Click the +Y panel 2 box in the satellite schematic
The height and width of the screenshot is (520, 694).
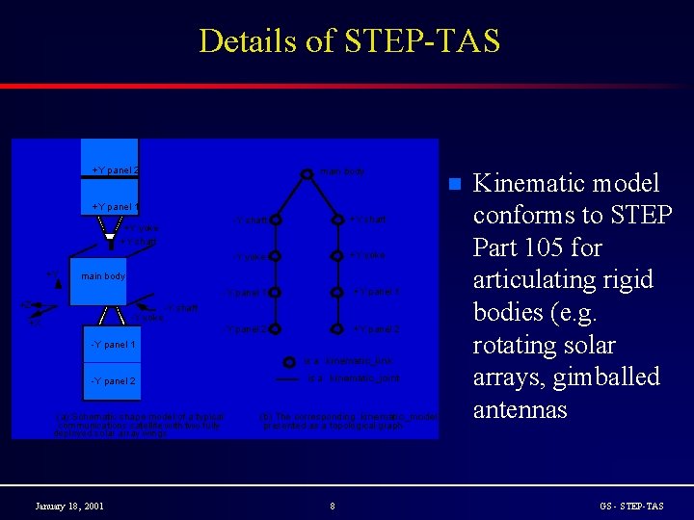click(110, 170)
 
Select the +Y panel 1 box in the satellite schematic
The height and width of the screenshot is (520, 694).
click(110, 207)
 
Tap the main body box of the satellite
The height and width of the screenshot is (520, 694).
click(103, 276)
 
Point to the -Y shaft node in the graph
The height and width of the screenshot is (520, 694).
click(276, 221)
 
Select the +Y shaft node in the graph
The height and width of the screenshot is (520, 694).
click(337, 221)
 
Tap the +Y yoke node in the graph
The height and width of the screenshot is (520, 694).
click(337, 256)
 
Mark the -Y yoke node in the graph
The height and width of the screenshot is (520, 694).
click(276, 256)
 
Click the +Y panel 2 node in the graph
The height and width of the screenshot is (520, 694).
click(337, 329)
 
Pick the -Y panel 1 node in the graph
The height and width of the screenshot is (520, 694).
click(276, 292)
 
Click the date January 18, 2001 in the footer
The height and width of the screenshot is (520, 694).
click(69, 506)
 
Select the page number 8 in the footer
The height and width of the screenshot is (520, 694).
click(332, 506)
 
